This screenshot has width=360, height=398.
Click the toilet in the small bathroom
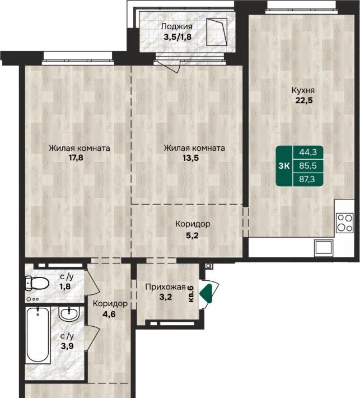37,283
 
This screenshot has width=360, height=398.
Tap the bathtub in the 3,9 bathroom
38,335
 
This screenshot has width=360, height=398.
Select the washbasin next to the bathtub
69,314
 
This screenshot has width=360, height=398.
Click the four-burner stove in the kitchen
344,223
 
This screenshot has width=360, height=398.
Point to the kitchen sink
323,247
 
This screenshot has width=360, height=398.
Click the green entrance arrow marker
206,294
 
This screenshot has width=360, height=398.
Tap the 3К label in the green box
284,166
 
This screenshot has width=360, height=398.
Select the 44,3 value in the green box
308,152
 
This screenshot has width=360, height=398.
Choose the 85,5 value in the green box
308,166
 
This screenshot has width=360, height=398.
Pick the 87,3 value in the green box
307,179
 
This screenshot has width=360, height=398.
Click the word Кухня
303,90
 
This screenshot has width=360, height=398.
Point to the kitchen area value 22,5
304,100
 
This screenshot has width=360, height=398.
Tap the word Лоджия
177,26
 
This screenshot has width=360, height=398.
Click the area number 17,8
76,158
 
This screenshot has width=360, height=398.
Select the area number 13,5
191,158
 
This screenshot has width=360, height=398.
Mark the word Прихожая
166,287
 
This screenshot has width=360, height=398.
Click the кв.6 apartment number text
191,293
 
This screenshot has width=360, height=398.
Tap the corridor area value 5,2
192,235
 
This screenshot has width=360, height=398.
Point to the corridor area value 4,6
109,314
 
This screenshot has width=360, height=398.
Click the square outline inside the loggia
217,32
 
